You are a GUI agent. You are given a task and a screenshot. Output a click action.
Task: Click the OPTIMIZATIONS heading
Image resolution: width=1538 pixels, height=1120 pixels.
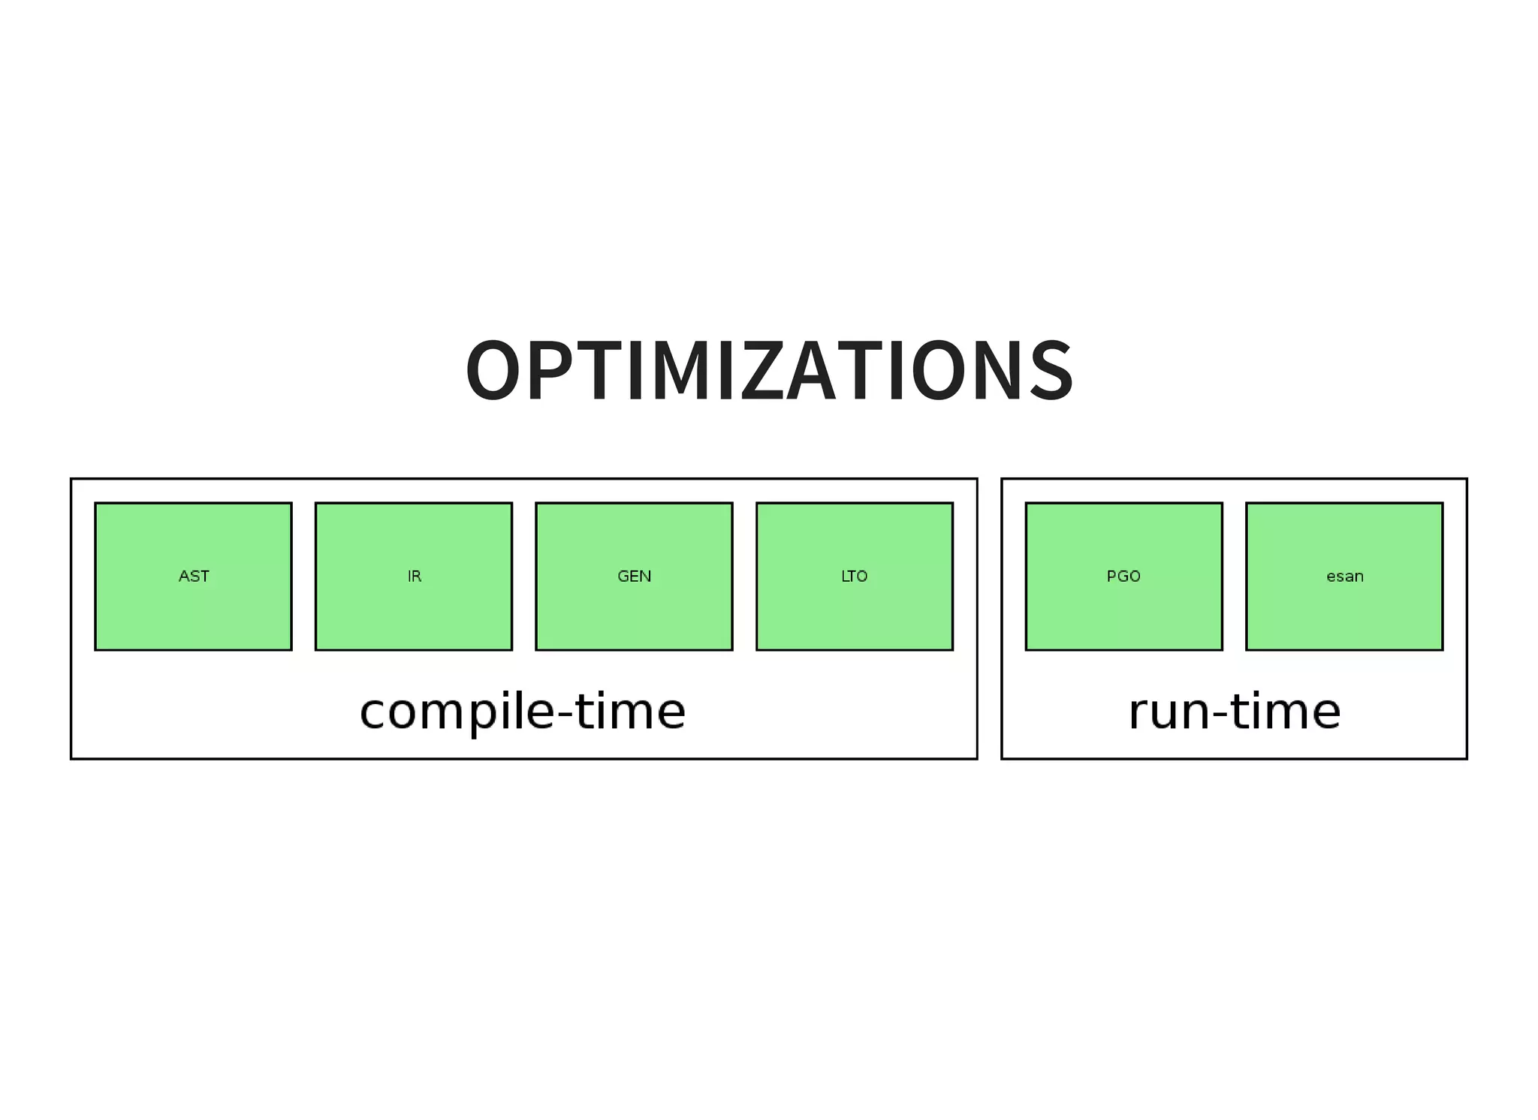(x=769, y=371)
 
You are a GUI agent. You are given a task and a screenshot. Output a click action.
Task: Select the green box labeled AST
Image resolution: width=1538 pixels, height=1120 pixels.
(x=193, y=576)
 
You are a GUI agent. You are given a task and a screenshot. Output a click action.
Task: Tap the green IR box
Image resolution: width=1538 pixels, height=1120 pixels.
(x=414, y=576)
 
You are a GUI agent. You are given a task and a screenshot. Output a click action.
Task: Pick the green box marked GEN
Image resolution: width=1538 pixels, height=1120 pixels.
(x=634, y=576)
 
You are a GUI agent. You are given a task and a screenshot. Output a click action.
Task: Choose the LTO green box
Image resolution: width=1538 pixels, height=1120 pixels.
(x=855, y=576)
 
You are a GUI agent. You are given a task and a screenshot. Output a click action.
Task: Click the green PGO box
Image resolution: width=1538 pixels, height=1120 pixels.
(x=1123, y=576)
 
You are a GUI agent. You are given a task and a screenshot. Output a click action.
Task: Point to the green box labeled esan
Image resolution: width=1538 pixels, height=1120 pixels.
(x=1344, y=576)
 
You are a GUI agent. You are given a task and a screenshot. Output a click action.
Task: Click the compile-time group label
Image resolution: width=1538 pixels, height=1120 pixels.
(x=523, y=712)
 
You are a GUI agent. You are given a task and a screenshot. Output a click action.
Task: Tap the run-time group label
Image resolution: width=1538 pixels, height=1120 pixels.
(x=1234, y=712)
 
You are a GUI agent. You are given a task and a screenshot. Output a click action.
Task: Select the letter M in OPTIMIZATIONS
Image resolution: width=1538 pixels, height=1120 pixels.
(x=672, y=371)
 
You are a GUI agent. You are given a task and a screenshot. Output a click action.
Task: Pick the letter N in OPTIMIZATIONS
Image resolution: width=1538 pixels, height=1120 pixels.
(x=991, y=371)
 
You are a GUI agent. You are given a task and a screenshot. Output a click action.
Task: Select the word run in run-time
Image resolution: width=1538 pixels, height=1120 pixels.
(x=1169, y=713)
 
